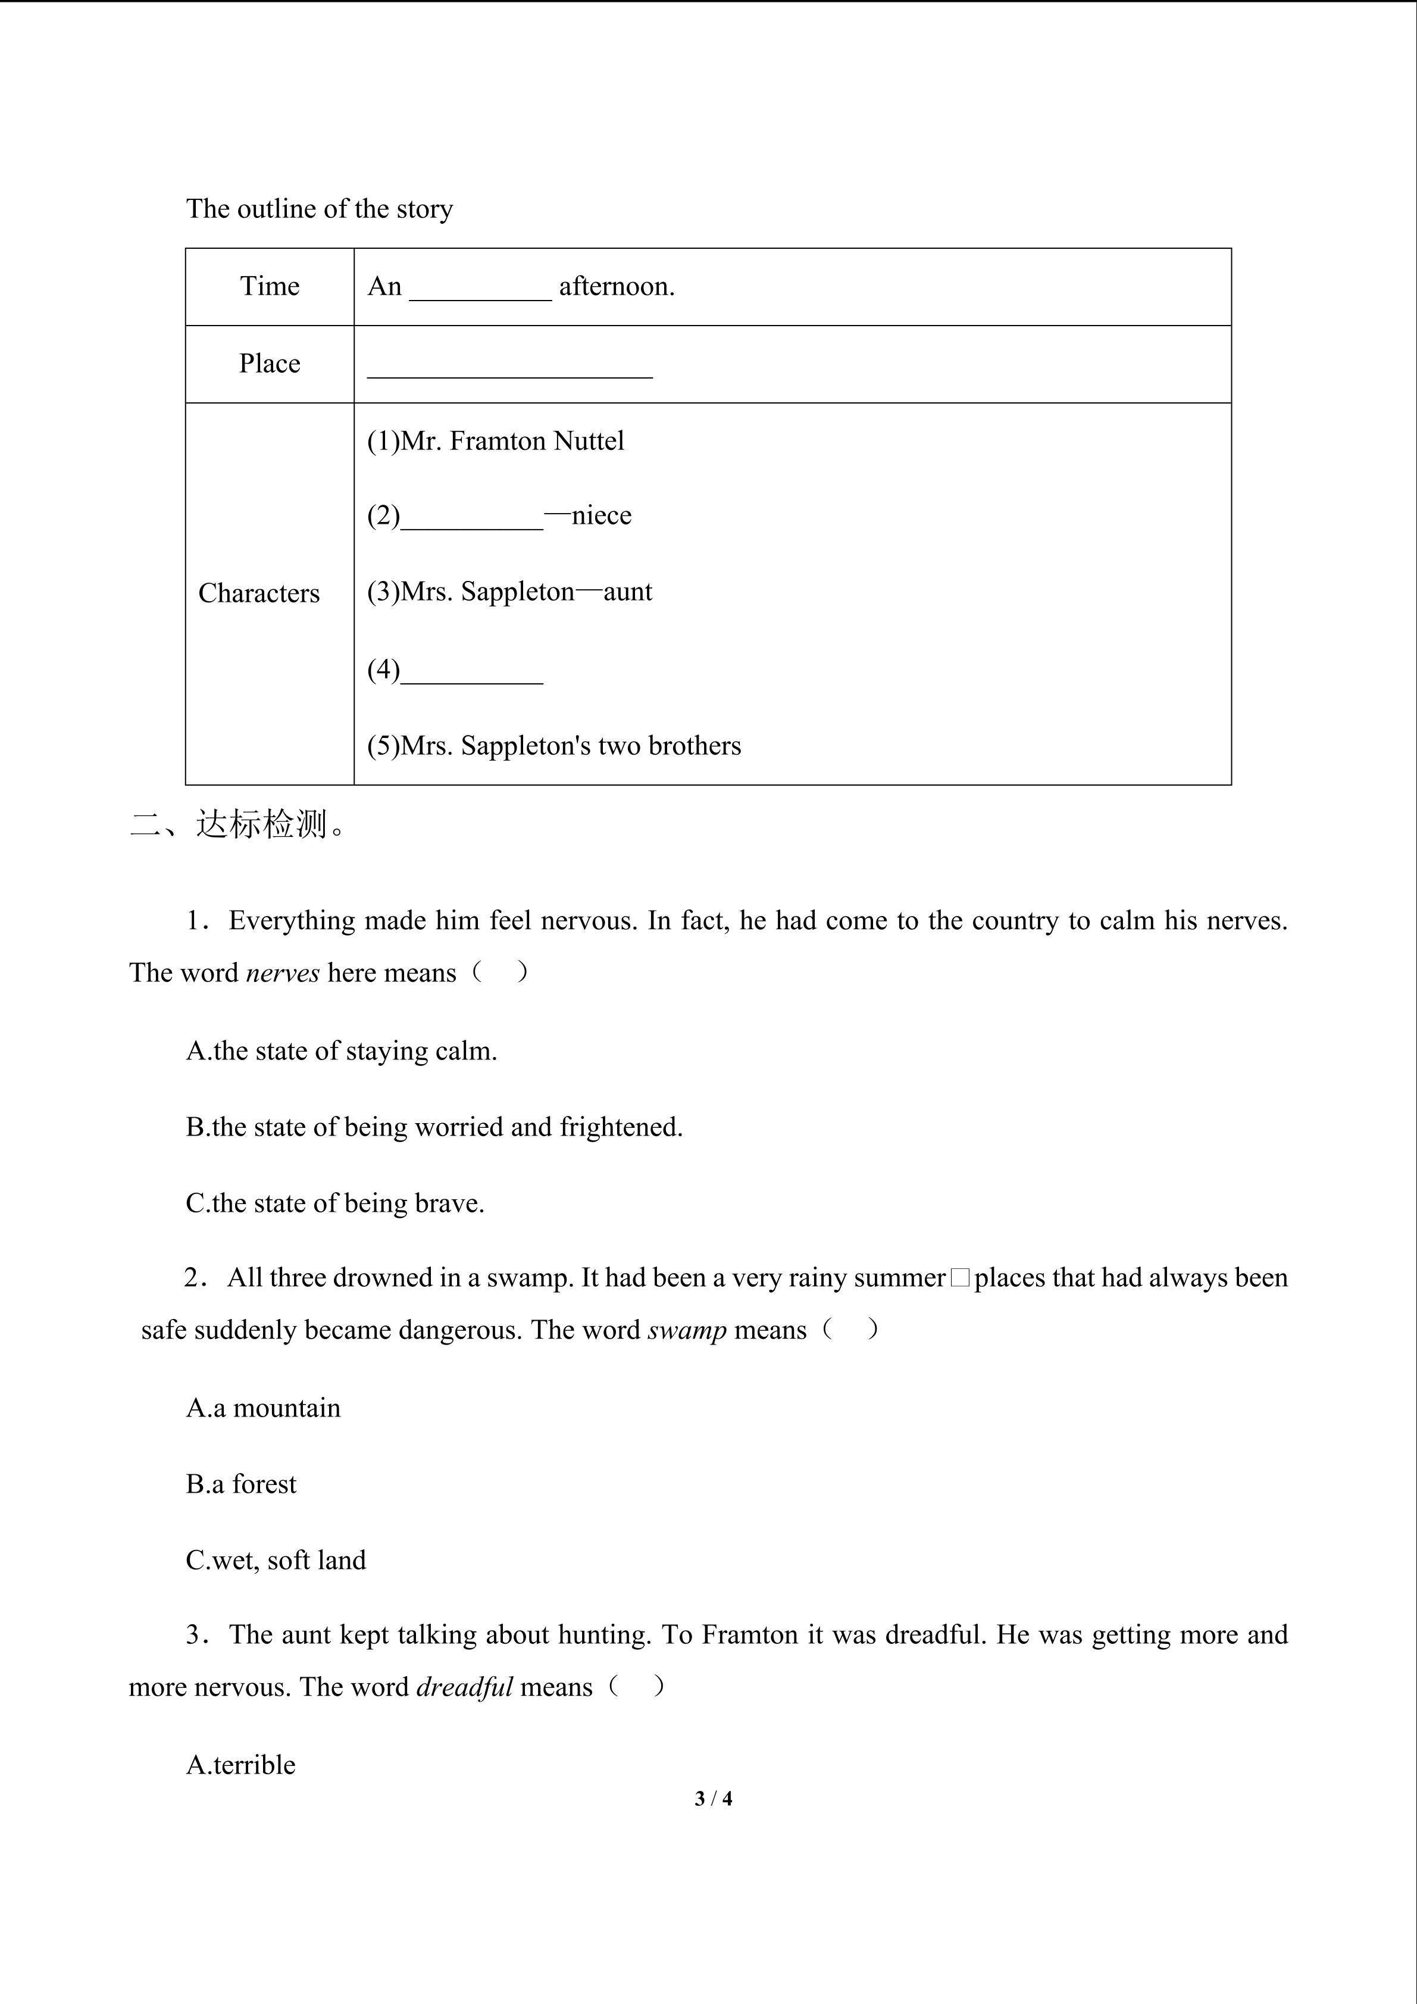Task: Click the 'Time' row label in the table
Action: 270,286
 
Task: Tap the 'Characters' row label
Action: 259,593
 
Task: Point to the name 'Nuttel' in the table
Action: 590,441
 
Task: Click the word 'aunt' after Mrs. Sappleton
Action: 627,592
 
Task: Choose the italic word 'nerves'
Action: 283,973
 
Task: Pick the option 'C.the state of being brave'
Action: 335,1203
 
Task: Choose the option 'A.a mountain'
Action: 264,1408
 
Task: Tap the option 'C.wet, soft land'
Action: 276,1561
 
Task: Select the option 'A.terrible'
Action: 241,1765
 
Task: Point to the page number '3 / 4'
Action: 713,1798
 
